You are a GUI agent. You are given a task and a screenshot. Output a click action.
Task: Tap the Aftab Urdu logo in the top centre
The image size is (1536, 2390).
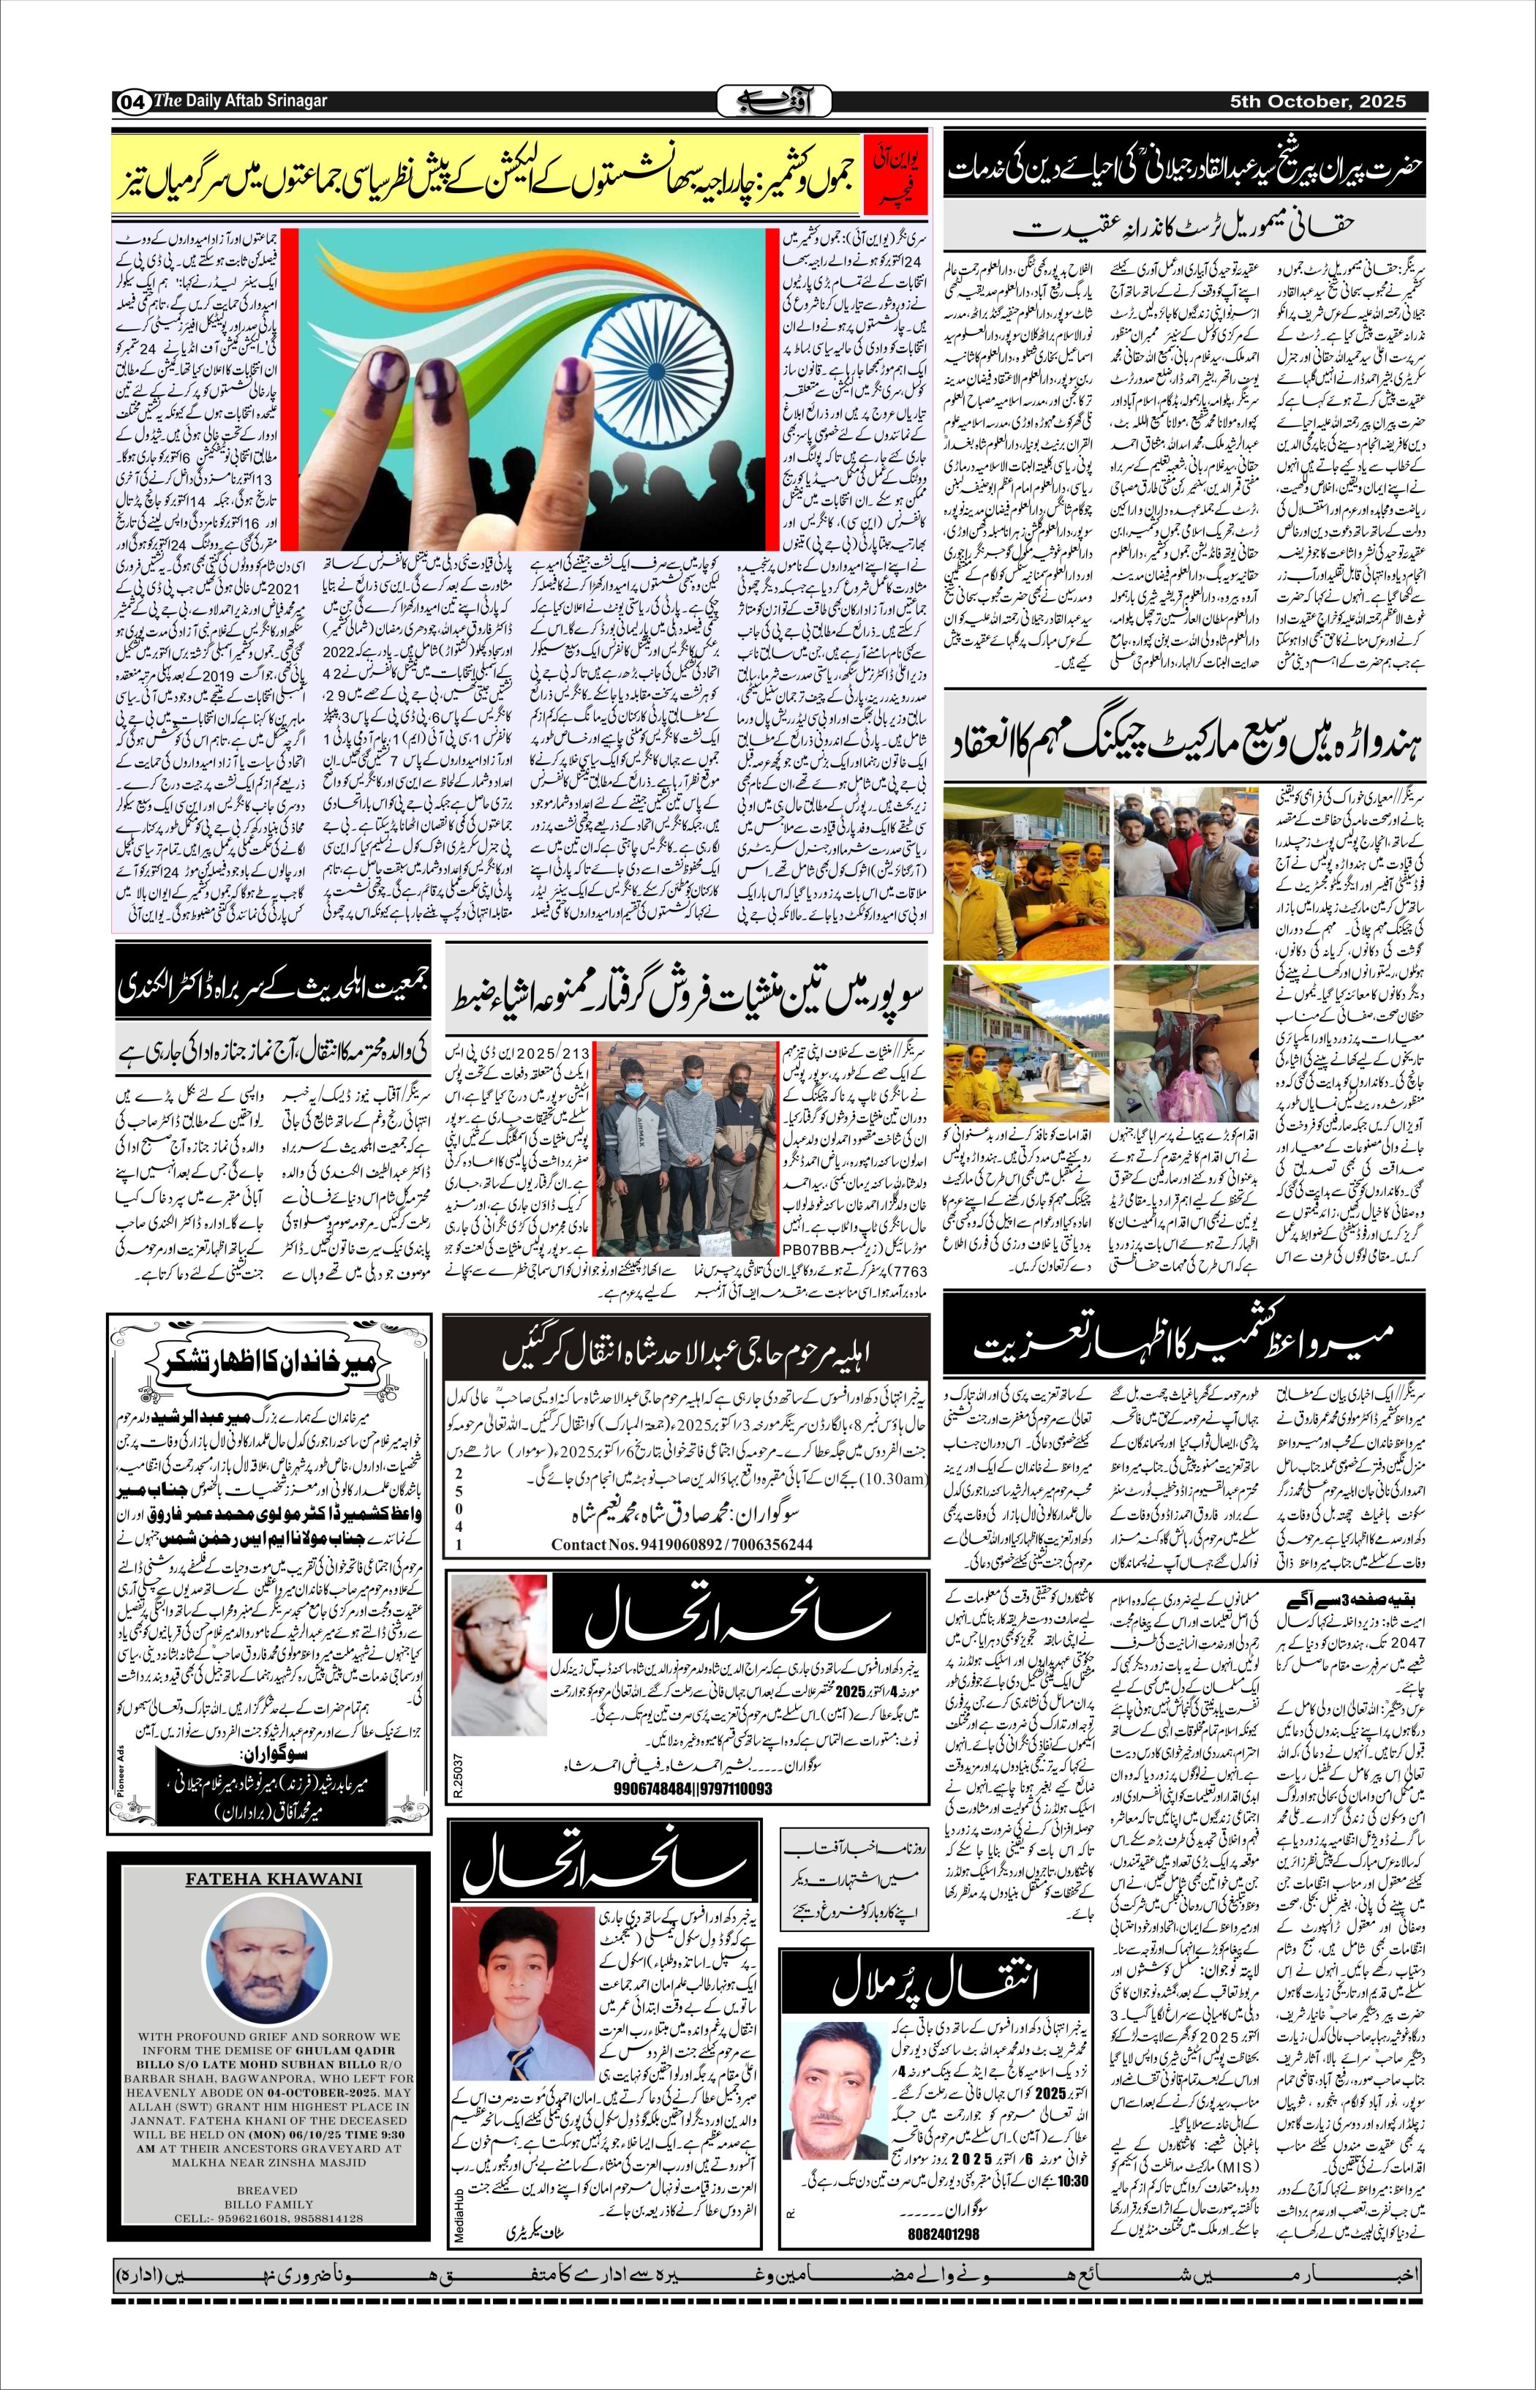pyautogui.click(x=767, y=102)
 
